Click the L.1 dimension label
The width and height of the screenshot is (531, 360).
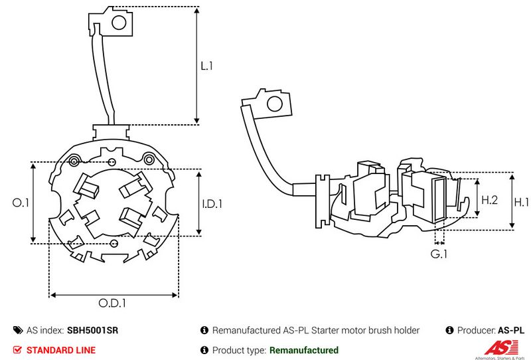pyautogui.click(x=206, y=66)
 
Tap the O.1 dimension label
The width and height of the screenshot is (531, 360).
pyautogui.click(x=21, y=203)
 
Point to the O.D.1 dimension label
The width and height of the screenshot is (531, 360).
pyautogui.click(x=113, y=304)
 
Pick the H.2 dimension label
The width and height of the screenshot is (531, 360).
pyautogui.click(x=489, y=199)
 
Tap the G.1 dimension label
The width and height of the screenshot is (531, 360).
pyautogui.click(x=438, y=254)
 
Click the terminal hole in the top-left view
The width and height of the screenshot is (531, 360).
pyautogui.click(x=119, y=23)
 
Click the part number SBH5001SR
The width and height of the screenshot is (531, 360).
pyautogui.click(x=92, y=330)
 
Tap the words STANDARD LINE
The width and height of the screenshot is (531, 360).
pyautogui.click(x=60, y=350)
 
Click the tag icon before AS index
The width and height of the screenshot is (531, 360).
pyautogui.click(x=17, y=330)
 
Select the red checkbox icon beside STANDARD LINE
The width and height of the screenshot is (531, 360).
pyautogui.click(x=17, y=350)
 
